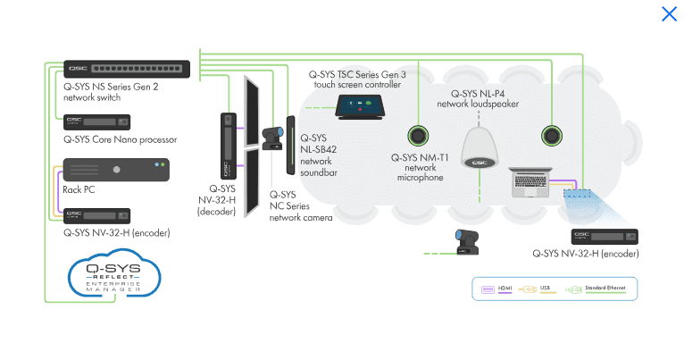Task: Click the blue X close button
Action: (x=669, y=13)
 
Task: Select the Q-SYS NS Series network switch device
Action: (x=127, y=69)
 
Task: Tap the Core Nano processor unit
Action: (x=96, y=121)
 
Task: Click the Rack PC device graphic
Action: (x=116, y=170)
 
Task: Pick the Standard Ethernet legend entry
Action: (x=599, y=289)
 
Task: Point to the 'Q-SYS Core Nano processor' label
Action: (x=120, y=139)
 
